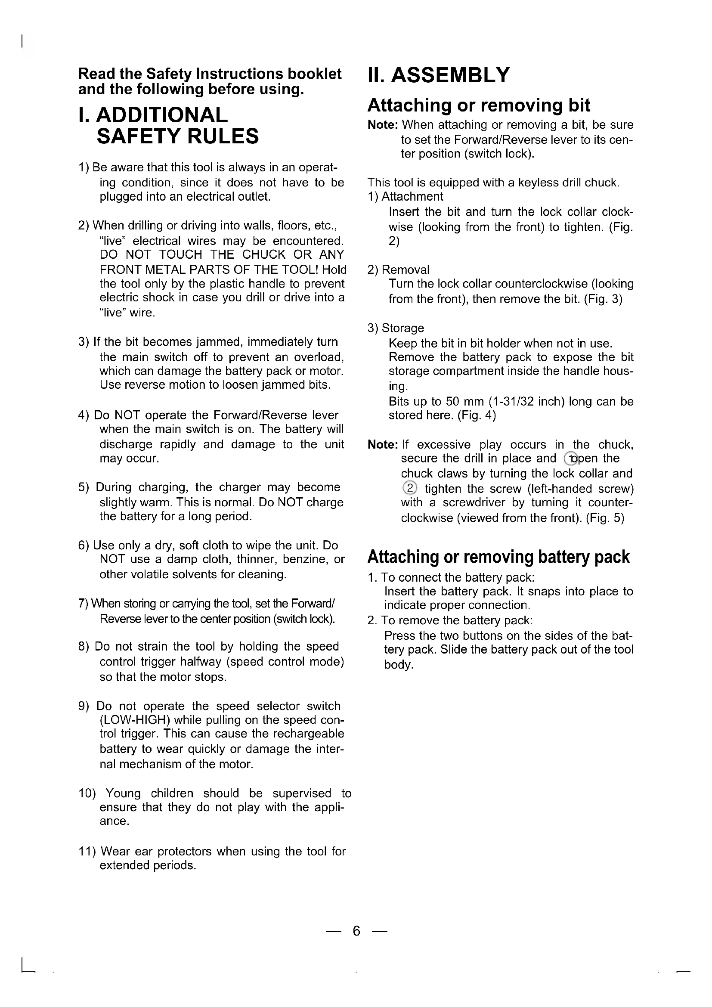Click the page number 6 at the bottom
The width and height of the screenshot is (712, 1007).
click(356, 930)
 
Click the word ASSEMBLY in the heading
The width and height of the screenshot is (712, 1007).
click(450, 75)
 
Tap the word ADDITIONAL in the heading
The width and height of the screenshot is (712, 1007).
click(162, 115)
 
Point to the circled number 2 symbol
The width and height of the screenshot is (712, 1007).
click(409, 488)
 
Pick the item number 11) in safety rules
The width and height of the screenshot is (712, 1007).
click(87, 851)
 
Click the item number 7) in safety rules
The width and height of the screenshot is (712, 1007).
click(84, 604)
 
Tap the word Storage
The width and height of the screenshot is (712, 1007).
click(402, 328)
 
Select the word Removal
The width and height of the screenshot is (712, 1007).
click(406, 270)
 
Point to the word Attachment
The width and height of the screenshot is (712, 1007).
click(412, 196)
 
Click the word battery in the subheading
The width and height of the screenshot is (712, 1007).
click(564, 557)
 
